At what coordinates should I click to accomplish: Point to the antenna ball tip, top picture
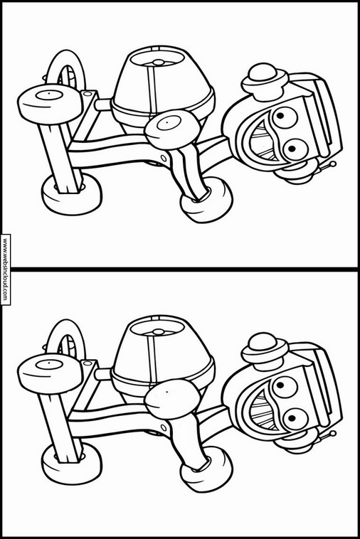[x=333, y=164]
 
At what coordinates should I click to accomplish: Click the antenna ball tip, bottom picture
[x=333, y=434]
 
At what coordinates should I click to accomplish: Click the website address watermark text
[x=6, y=269]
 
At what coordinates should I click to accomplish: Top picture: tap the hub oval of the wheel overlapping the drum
[x=169, y=123]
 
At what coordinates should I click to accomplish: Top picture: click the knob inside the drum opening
[x=159, y=63]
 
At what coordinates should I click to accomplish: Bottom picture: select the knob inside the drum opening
[x=159, y=332]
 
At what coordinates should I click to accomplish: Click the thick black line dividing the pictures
[x=180, y=269]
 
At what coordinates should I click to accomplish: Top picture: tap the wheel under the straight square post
[x=72, y=194]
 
